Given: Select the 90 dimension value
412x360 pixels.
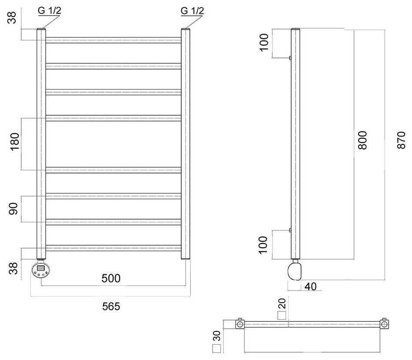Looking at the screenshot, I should [14, 209].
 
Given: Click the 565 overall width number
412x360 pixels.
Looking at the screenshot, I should [111, 306].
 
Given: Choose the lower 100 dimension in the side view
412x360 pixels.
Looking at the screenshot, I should [264, 245].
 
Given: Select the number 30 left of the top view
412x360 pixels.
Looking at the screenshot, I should [216, 336].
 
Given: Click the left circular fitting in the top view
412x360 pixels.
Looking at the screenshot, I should [239, 324].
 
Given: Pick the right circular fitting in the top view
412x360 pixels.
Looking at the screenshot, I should [384, 324].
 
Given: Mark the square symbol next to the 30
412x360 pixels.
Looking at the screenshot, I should [216, 349].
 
